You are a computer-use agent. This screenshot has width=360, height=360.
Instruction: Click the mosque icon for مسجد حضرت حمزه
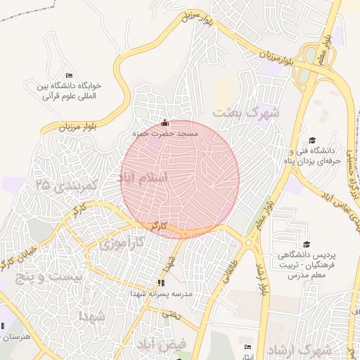[x=165, y=122]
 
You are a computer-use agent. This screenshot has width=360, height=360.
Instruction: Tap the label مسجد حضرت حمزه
[x=166, y=133]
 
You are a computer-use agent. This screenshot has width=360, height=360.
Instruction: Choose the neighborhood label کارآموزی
[x=120, y=244]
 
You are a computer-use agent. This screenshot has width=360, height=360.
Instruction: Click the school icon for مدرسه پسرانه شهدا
[x=160, y=283]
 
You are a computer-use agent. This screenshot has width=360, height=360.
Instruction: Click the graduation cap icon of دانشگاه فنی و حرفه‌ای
[x=312, y=140]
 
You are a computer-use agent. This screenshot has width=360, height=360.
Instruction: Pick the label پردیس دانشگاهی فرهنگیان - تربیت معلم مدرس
[x=312, y=264]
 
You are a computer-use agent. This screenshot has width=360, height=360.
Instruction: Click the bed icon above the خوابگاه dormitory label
[x=68, y=75]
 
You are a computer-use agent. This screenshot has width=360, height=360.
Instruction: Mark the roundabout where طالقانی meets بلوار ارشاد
[x=250, y=243]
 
